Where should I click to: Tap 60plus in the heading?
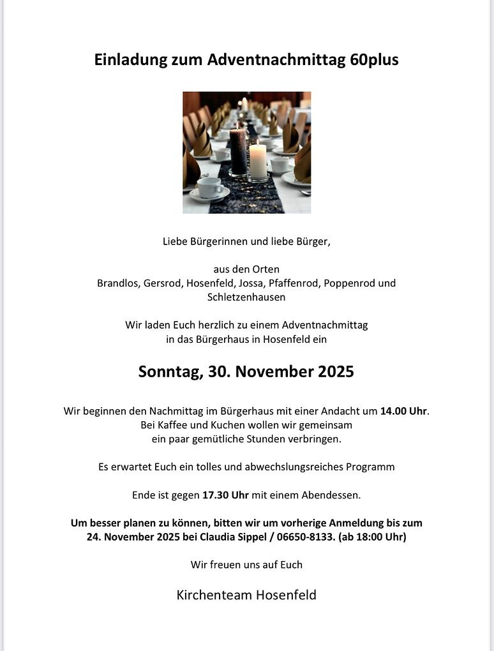374,60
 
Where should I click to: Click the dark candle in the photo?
238,151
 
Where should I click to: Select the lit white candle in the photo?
258,161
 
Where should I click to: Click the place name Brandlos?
117,283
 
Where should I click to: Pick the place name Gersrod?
162,283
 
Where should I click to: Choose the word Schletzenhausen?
246,297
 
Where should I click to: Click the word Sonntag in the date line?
169,371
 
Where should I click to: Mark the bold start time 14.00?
393,411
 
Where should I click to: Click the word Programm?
370,467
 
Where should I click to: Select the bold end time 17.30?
215,495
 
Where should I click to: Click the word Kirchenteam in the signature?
213,595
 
